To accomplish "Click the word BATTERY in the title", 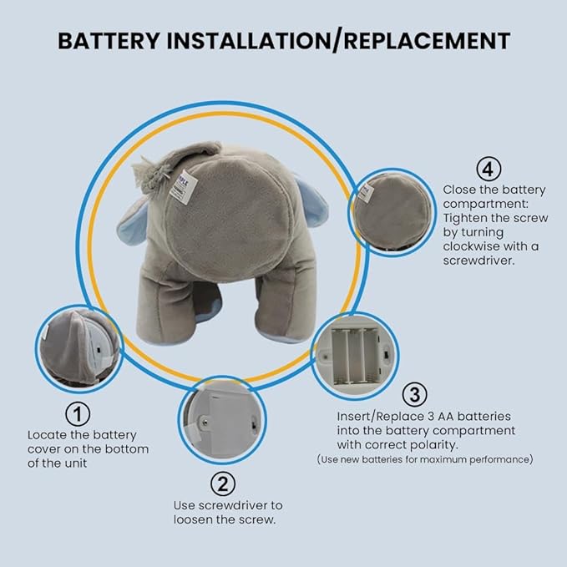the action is click(x=109, y=40).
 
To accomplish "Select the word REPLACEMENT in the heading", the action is click(x=427, y=40).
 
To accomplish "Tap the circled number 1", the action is click(x=78, y=414).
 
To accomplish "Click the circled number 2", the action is click(x=223, y=483).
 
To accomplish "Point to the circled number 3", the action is click(x=415, y=394).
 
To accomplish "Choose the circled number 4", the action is click(x=489, y=169).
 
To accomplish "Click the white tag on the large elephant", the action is click(x=184, y=186).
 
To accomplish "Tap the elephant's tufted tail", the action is click(x=149, y=173).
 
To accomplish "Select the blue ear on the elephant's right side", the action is click(x=311, y=201).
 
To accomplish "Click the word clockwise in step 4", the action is click(x=467, y=246).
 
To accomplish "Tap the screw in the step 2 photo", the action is click(x=205, y=421).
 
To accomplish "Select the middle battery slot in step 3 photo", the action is click(x=355, y=356).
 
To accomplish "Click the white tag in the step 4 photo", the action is click(x=365, y=193).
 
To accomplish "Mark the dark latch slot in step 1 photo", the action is click(x=99, y=350).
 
